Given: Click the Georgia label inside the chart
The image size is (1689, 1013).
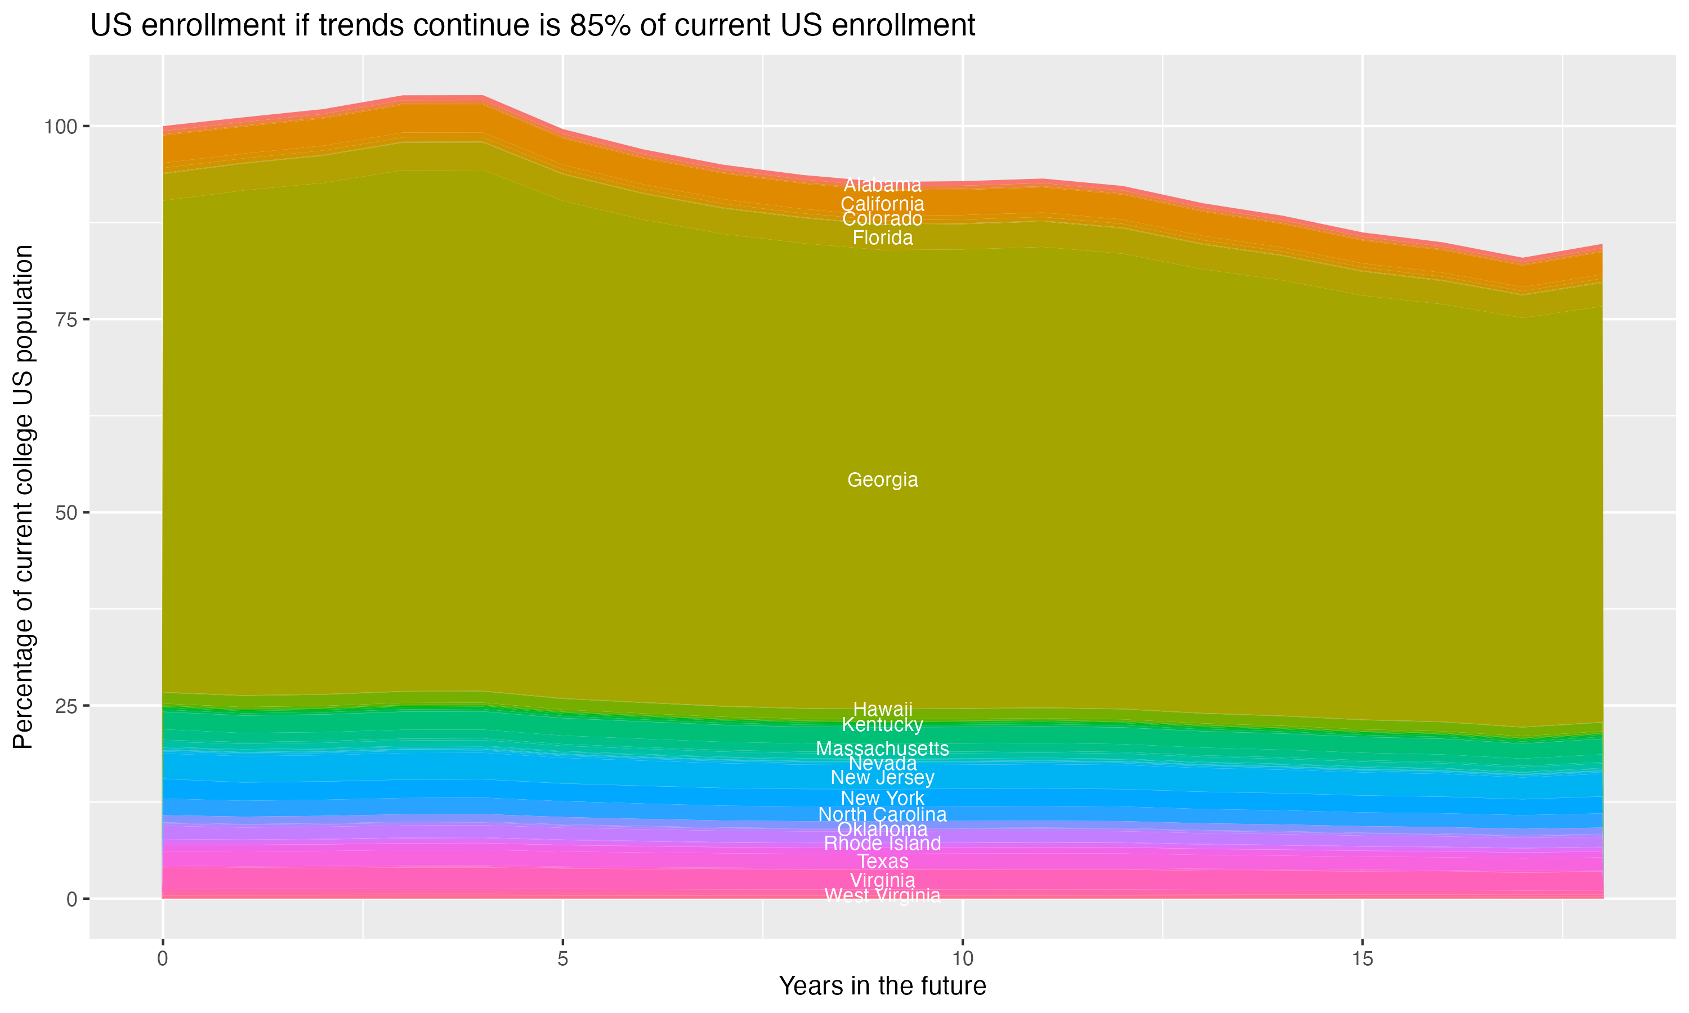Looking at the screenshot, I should pos(882,480).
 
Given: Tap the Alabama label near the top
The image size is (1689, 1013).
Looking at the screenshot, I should pos(882,185).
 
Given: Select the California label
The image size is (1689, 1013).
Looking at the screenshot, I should pos(882,203).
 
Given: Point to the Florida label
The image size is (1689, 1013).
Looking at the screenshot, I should pos(882,237).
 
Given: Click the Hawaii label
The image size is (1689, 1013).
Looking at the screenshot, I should pos(882,709).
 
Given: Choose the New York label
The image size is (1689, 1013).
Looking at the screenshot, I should pos(882,798).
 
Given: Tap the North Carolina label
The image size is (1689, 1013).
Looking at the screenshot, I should pos(882,814).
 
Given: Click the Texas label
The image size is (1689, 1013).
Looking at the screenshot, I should pos(882,862).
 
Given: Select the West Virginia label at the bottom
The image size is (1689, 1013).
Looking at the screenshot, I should pos(882,895).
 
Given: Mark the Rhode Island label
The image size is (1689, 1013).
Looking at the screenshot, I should pos(882,844).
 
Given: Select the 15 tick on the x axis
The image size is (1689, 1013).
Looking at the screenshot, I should pos(1362,959).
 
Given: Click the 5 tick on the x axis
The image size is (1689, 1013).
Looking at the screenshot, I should pos(562,959).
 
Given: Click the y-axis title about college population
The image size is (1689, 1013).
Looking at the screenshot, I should pos(23,497).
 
